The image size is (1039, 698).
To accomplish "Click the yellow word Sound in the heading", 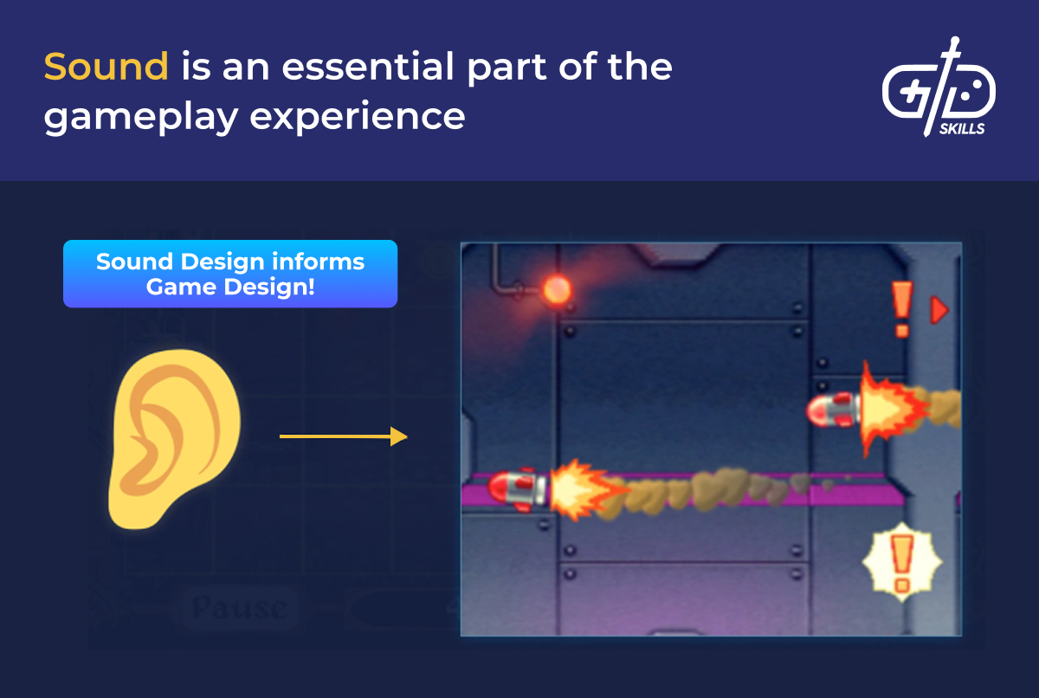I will [x=106, y=67].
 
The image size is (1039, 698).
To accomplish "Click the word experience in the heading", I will [x=358, y=115].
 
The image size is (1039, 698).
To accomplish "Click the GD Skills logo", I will [x=939, y=87].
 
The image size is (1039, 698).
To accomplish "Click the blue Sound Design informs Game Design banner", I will [x=230, y=274].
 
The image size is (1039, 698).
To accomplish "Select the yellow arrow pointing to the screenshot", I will [x=343, y=436].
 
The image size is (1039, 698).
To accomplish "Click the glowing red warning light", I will [x=555, y=288].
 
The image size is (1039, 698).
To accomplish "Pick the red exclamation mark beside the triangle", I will [x=901, y=309].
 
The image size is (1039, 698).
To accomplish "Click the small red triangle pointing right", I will [x=939, y=310].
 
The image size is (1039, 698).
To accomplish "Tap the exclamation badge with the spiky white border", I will [x=901, y=562].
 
